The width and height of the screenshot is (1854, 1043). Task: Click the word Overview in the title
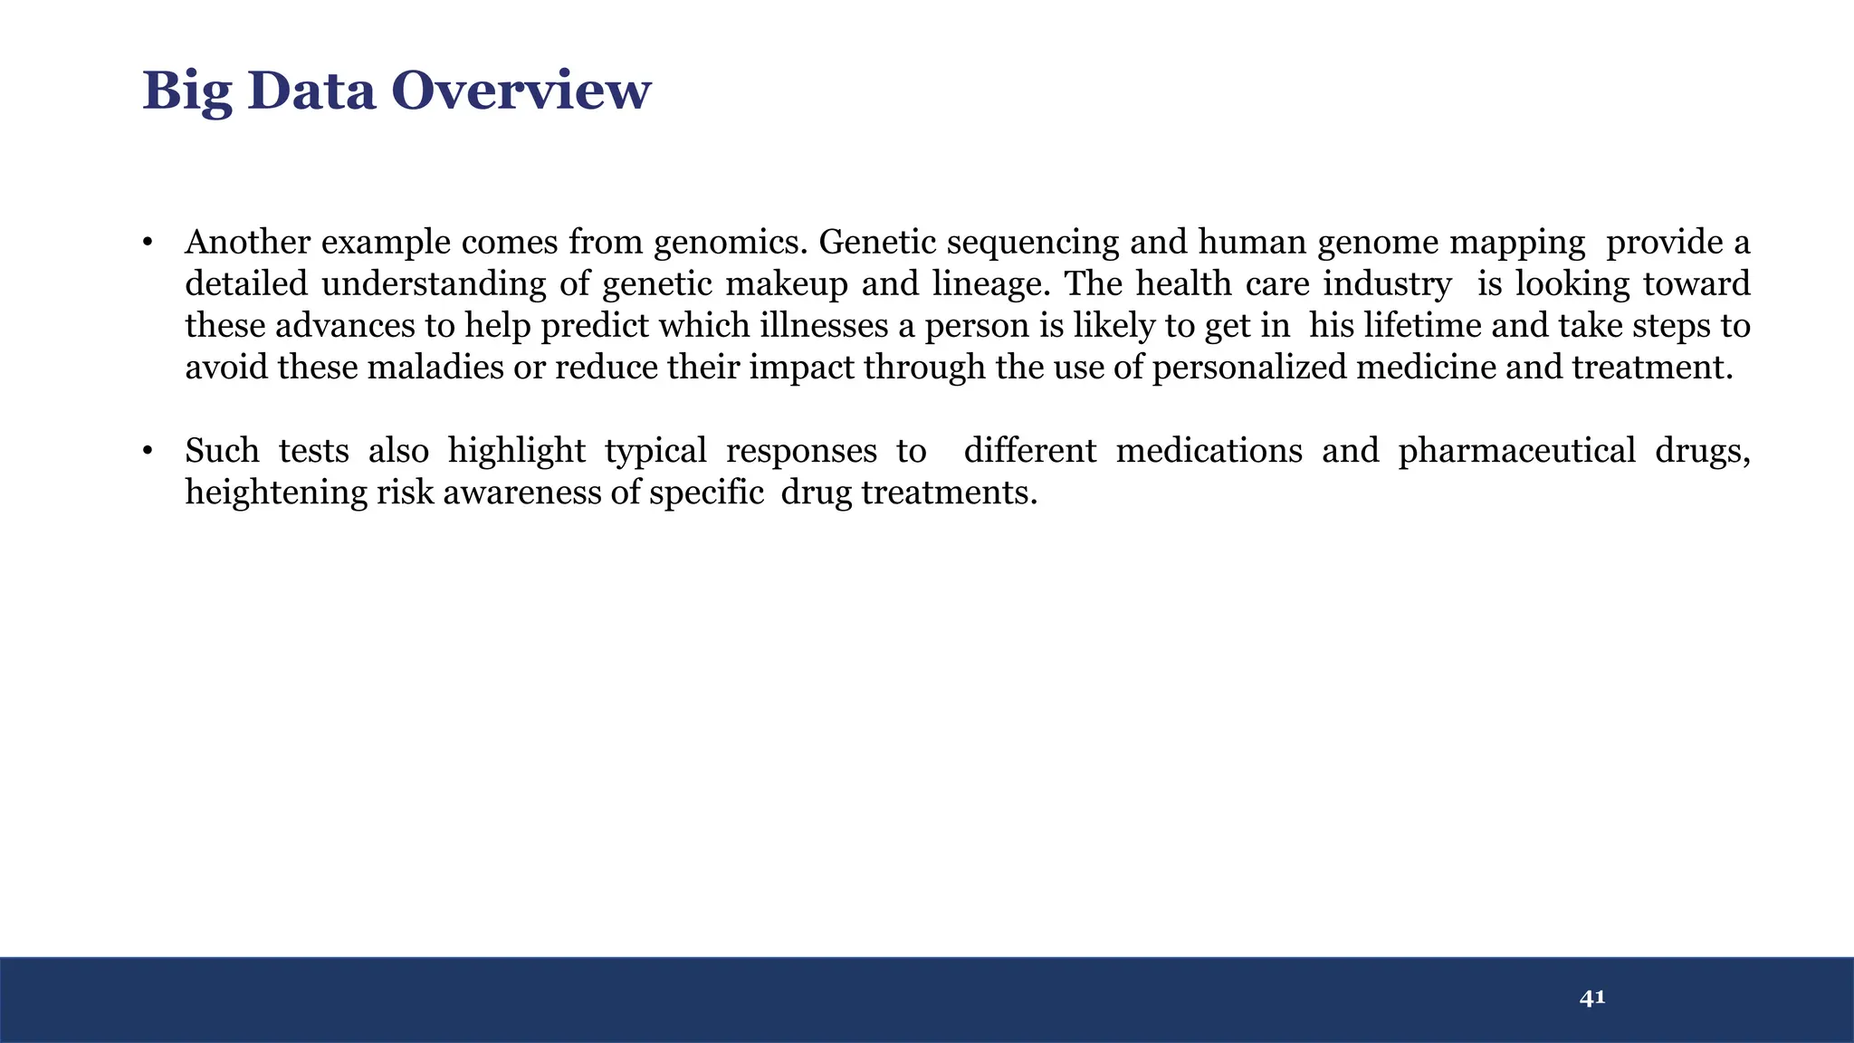click(521, 91)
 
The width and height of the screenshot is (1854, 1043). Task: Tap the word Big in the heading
click(186, 92)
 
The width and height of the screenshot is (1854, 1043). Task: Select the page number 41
click(1591, 998)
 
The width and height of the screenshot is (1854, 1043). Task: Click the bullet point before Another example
click(147, 244)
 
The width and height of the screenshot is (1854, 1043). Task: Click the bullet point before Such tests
click(147, 452)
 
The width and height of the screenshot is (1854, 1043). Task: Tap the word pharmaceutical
click(1516, 451)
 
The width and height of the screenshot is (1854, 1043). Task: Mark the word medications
click(1209, 451)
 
